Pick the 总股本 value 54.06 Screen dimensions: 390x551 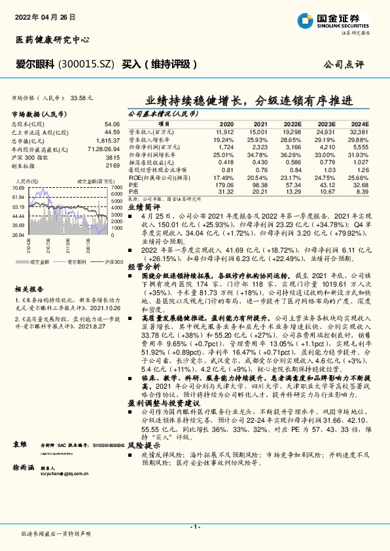pos(112,123)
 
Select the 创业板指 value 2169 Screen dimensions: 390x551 pos(113,166)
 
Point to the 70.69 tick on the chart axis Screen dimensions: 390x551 pos(19,188)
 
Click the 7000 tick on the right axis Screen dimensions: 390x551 pos(117,188)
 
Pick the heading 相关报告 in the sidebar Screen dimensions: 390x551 pos(29,289)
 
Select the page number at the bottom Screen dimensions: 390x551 pos(194,526)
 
